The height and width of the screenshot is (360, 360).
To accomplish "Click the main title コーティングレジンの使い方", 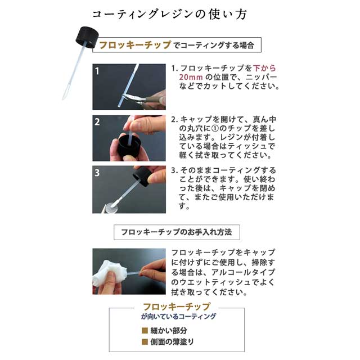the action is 169,14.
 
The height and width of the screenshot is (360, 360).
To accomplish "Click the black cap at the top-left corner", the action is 87,37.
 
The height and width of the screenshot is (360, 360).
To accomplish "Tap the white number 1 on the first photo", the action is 97,71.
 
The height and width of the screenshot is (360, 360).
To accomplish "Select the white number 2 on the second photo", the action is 97,122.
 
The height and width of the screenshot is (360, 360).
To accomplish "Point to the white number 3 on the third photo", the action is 97,173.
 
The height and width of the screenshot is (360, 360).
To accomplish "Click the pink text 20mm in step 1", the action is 191,77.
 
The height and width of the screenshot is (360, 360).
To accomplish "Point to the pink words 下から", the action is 264,68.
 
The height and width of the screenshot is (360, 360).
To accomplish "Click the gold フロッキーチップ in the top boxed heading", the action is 135,45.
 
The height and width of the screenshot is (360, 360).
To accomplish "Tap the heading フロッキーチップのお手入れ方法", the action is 176,232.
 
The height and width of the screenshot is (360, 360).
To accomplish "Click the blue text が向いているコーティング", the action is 178,316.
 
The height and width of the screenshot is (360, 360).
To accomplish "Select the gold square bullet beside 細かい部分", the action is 145,331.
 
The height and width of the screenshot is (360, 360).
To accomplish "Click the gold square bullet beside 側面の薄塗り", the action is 145,342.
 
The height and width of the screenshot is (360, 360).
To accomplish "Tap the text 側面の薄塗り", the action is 172,342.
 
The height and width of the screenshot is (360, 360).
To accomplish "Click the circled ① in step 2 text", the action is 215,128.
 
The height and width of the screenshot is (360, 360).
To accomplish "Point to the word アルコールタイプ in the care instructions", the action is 243,272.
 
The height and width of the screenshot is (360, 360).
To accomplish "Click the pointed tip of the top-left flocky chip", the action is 62,99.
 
